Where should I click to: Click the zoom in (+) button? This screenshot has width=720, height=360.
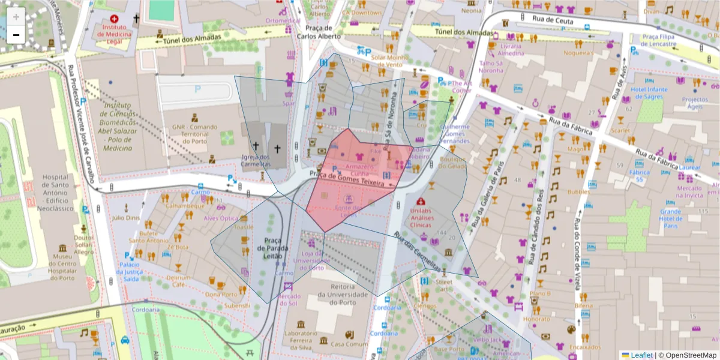click(16, 17)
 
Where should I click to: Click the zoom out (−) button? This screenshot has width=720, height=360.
click(16, 35)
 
